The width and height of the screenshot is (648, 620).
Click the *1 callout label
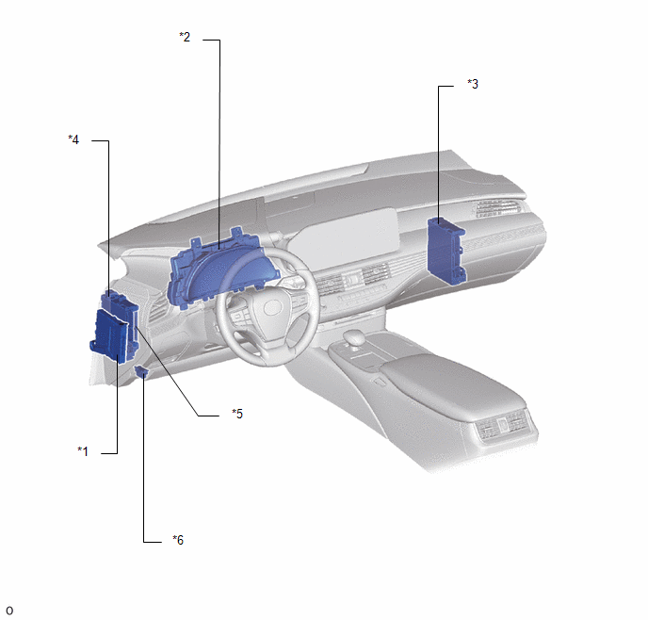pyautogui.click(x=83, y=451)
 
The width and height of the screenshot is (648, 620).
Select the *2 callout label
pyautogui.click(x=185, y=37)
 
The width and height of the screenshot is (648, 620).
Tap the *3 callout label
pyautogui.click(x=473, y=84)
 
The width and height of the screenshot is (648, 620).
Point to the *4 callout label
pyautogui.click(x=73, y=139)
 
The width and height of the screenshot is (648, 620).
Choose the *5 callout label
pyautogui.click(x=237, y=414)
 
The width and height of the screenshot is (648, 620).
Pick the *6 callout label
pyautogui.click(x=178, y=540)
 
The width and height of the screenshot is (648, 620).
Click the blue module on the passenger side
pyautogui.click(x=446, y=252)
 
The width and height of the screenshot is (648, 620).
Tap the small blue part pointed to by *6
pyautogui.click(x=141, y=371)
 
